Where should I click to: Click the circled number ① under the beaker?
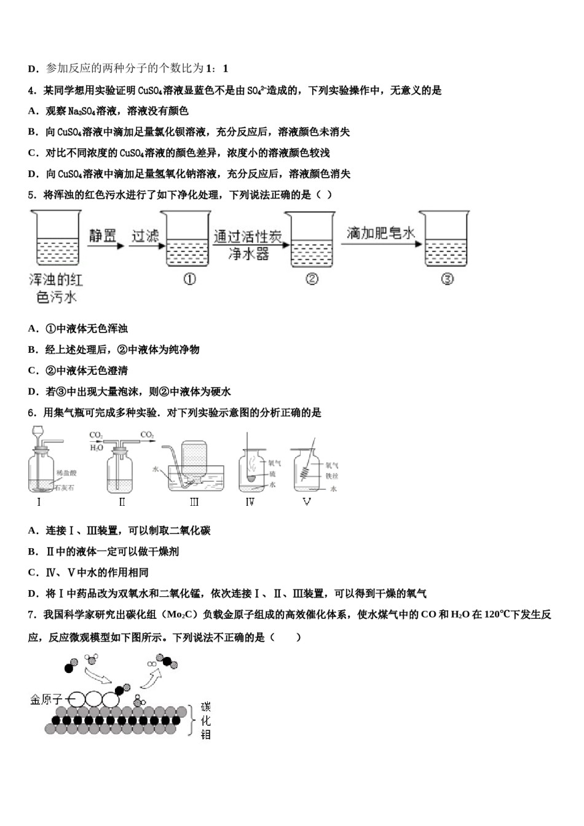(189, 280)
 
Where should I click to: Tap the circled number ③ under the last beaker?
(447, 280)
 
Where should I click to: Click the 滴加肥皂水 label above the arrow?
(381, 233)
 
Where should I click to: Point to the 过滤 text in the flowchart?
(145, 235)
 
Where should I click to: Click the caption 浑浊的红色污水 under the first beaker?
(55, 288)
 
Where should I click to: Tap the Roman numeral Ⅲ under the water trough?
(194, 502)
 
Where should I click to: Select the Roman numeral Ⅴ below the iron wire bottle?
(307, 502)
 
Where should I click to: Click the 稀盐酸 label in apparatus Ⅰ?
(66, 473)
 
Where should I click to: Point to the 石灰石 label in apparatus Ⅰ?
(65, 487)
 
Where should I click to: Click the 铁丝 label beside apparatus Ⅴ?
(332, 476)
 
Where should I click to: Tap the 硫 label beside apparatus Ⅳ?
(272, 474)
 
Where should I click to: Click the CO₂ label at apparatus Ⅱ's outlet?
(147, 435)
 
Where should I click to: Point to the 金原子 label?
(46, 700)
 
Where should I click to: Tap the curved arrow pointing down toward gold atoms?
(98, 677)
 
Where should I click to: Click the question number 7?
(32, 615)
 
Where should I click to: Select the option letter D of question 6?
(33, 594)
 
